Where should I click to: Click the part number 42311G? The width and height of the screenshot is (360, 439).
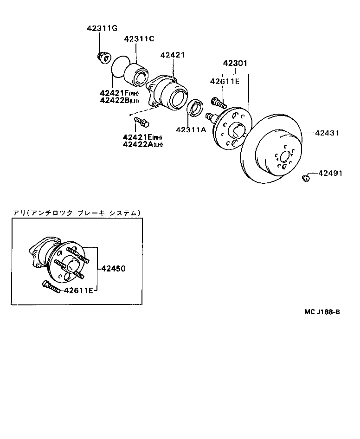coord(102,28)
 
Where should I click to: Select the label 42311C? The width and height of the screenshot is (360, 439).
coord(139,39)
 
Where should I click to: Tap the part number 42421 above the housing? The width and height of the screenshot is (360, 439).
coord(173,55)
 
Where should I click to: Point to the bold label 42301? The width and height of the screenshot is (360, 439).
coord(235,63)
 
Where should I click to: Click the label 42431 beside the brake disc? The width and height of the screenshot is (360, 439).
coord(327,133)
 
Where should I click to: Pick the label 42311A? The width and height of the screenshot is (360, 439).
coord(190,129)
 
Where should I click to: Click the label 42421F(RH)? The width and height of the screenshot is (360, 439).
coord(119,93)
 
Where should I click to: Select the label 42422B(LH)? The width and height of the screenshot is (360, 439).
coord(119,100)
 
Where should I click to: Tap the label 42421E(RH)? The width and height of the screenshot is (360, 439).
coord(142,137)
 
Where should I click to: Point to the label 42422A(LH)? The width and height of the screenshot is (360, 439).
coord(142,144)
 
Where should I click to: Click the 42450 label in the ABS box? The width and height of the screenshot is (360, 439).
coord(113,268)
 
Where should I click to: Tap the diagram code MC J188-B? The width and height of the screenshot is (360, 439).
coord(322,312)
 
